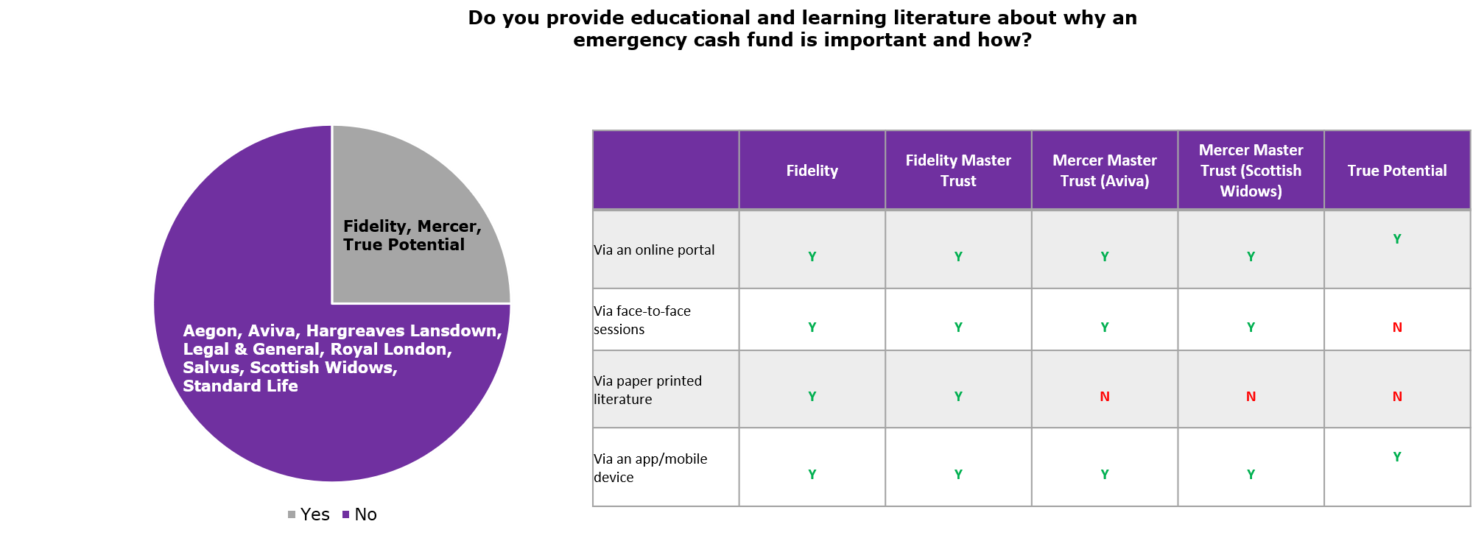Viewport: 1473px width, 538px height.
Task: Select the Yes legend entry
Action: click(309, 514)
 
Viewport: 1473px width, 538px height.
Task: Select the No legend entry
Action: click(359, 514)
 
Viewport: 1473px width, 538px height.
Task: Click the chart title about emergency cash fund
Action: click(803, 29)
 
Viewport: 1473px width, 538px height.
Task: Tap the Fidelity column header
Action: click(812, 171)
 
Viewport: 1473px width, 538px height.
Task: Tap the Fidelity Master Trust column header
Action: click(958, 171)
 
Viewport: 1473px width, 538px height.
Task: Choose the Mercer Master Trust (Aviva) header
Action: click(1105, 171)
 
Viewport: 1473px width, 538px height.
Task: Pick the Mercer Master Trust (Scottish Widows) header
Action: click(1251, 171)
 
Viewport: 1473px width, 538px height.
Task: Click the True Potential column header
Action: click(1397, 171)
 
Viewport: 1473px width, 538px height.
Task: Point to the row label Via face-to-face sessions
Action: click(642, 320)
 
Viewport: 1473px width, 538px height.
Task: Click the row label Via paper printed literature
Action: click(648, 390)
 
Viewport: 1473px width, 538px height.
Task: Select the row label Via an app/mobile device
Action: click(650, 468)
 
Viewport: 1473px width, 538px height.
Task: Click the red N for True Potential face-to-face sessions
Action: click(1397, 328)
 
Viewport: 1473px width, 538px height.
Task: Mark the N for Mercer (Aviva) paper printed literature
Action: click(1105, 397)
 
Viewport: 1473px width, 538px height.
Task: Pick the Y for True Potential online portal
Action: click(1397, 239)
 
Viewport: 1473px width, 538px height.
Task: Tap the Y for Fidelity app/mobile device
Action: click(812, 475)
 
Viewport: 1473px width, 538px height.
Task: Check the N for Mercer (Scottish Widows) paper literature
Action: click(1251, 397)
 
